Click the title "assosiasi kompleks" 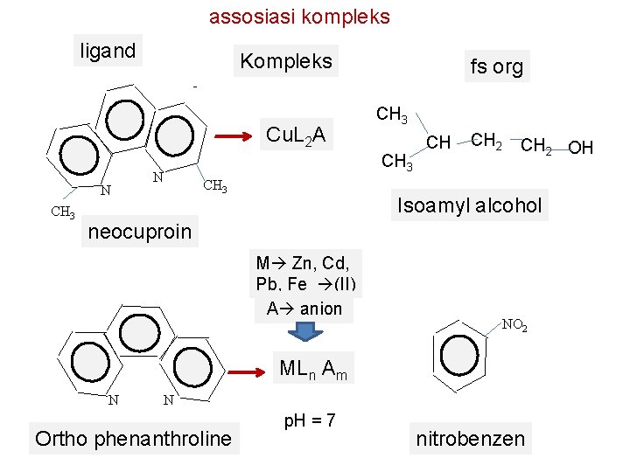click(299, 17)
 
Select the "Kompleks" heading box click(286, 61)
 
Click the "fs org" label click(496, 66)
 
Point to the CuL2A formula click(296, 135)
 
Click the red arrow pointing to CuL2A click(236, 136)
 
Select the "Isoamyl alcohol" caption click(470, 206)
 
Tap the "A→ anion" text click(304, 309)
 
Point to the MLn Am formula click(312, 370)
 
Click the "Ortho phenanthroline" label click(133, 438)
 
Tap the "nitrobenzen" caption click(470, 438)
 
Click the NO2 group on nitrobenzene click(514, 325)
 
